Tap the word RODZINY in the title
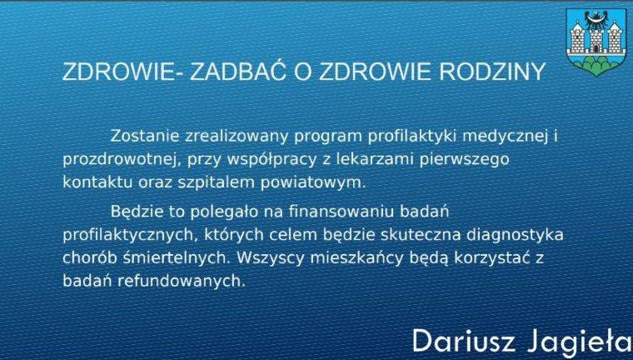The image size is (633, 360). point(492,72)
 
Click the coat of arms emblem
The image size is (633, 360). point(596,42)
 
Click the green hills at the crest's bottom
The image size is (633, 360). point(596,65)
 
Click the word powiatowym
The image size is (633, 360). point(312,183)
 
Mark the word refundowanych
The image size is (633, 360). point(182,281)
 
